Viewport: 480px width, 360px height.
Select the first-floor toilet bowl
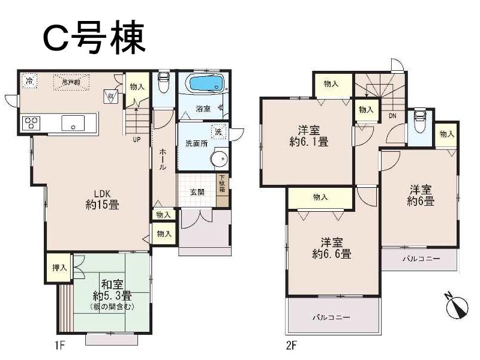tap(163, 81)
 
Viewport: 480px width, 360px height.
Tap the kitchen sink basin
tap(73, 123)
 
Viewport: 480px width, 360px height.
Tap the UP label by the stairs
tap(137, 140)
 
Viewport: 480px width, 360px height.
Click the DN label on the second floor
tap(392, 115)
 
